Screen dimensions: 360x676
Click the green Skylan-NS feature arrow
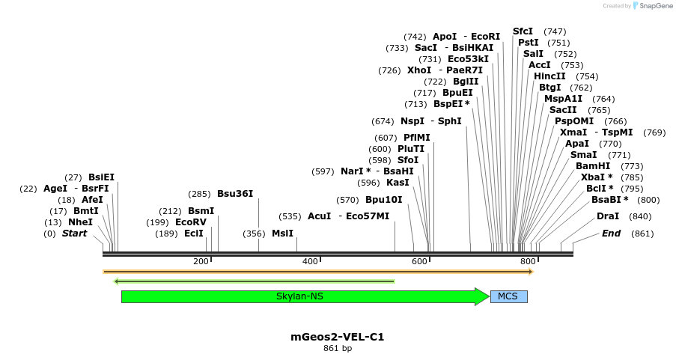click(299, 296)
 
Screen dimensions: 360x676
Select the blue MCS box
click(508, 296)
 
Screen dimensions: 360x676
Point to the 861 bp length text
click(337, 349)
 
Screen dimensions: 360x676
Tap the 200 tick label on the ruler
click(201, 261)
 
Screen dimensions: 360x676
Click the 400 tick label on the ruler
click(310, 261)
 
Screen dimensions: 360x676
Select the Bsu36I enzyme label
click(235, 194)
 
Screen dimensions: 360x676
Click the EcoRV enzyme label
click(190, 222)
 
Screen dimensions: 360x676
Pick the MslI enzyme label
click(282, 234)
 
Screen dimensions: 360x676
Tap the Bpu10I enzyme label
click(383, 200)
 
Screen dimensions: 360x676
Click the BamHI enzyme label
click(593, 166)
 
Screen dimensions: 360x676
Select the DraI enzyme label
click(608, 216)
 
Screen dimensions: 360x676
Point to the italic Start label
click(74, 234)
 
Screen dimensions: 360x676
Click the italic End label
click(611, 234)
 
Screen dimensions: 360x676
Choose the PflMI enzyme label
click(416, 138)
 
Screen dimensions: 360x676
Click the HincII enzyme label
click(549, 76)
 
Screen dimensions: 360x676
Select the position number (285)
click(199, 194)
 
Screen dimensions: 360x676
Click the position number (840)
click(640, 216)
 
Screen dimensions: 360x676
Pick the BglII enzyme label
click(466, 82)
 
